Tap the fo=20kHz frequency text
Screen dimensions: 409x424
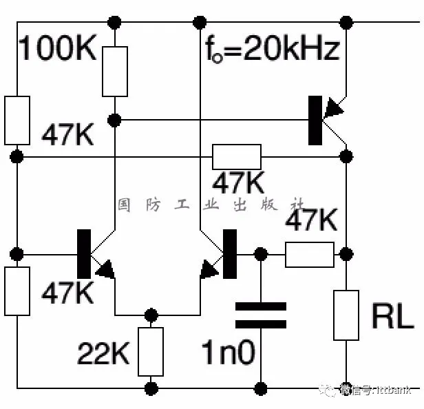point(272,50)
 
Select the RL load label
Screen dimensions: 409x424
point(392,315)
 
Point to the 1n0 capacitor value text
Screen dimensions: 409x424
point(228,353)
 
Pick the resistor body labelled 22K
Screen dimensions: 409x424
point(151,350)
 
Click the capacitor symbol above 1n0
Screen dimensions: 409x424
point(261,315)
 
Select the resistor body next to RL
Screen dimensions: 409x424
point(346,315)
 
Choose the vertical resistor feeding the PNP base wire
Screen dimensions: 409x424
point(115,72)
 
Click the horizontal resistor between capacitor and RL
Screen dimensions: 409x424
point(309,255)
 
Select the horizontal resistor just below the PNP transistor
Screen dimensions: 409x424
point(237,156)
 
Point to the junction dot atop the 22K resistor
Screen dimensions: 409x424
point(151,315)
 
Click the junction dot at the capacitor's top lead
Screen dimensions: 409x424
point(261,255)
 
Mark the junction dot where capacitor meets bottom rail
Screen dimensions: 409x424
point(261,388)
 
